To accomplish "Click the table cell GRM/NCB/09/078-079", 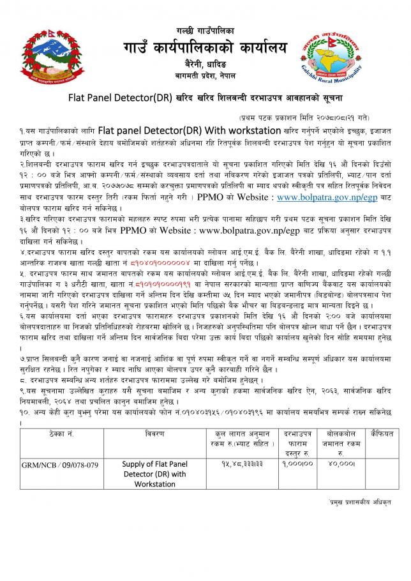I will pyautogui.click(x=50, y=464).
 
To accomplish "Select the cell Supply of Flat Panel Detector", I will pyautogui.click(x=154, y=474).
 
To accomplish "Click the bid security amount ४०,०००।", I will pyautogui.click(x=337, y=464).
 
